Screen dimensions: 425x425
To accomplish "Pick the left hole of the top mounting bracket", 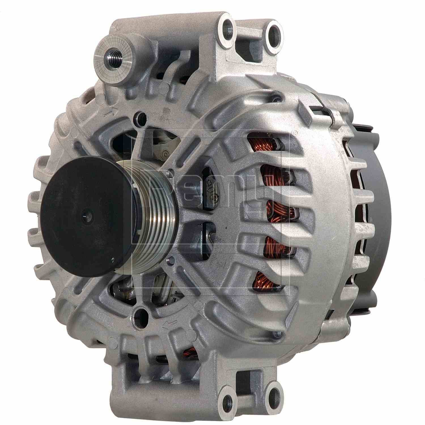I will coord(227,27).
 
